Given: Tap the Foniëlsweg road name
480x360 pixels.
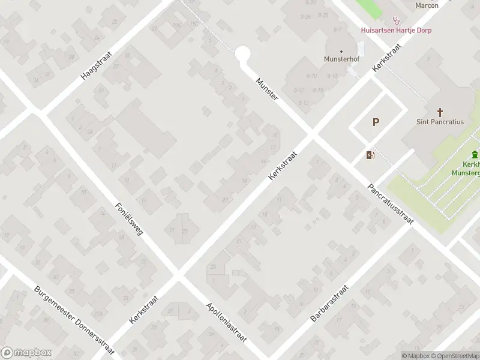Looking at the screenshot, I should click(x=129, y=218).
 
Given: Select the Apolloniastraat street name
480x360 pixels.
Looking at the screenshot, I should click(x=226, y=322).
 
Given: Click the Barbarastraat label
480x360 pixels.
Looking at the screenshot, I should click(x=329, y=303).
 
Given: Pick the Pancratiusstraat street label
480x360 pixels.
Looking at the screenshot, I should click(x=391, y=204).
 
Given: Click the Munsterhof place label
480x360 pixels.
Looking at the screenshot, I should click(x=341, y=59).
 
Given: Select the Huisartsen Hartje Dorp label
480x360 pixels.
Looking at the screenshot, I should click(x=396, y=30).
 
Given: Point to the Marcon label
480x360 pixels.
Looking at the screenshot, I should click(x=427, y=5).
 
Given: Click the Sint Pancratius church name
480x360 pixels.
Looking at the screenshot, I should click(x=440, y=121).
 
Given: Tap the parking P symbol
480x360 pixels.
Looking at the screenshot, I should click(x=376, y=122).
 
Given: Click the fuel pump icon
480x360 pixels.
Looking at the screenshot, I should click(x=370, y=155).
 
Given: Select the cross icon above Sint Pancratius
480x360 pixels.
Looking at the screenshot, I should click(x=440, y=112).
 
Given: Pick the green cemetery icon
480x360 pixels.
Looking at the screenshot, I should click(x=475, y=154).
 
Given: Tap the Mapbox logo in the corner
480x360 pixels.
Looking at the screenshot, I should click(x=26, y=353).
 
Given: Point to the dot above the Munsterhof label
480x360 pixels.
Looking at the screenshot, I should click(x=341, y=51).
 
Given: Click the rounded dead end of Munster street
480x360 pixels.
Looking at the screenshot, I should click(x=242, y=55).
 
